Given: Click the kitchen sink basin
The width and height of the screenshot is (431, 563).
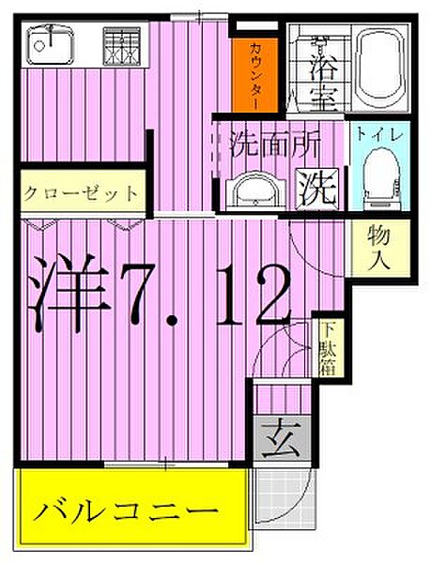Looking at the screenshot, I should [48, 42].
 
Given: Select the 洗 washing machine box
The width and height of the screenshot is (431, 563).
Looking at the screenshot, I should [318, 190].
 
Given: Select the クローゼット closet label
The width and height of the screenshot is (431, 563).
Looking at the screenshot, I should [81, 194].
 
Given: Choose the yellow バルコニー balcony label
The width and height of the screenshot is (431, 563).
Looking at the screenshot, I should [128, 512].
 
